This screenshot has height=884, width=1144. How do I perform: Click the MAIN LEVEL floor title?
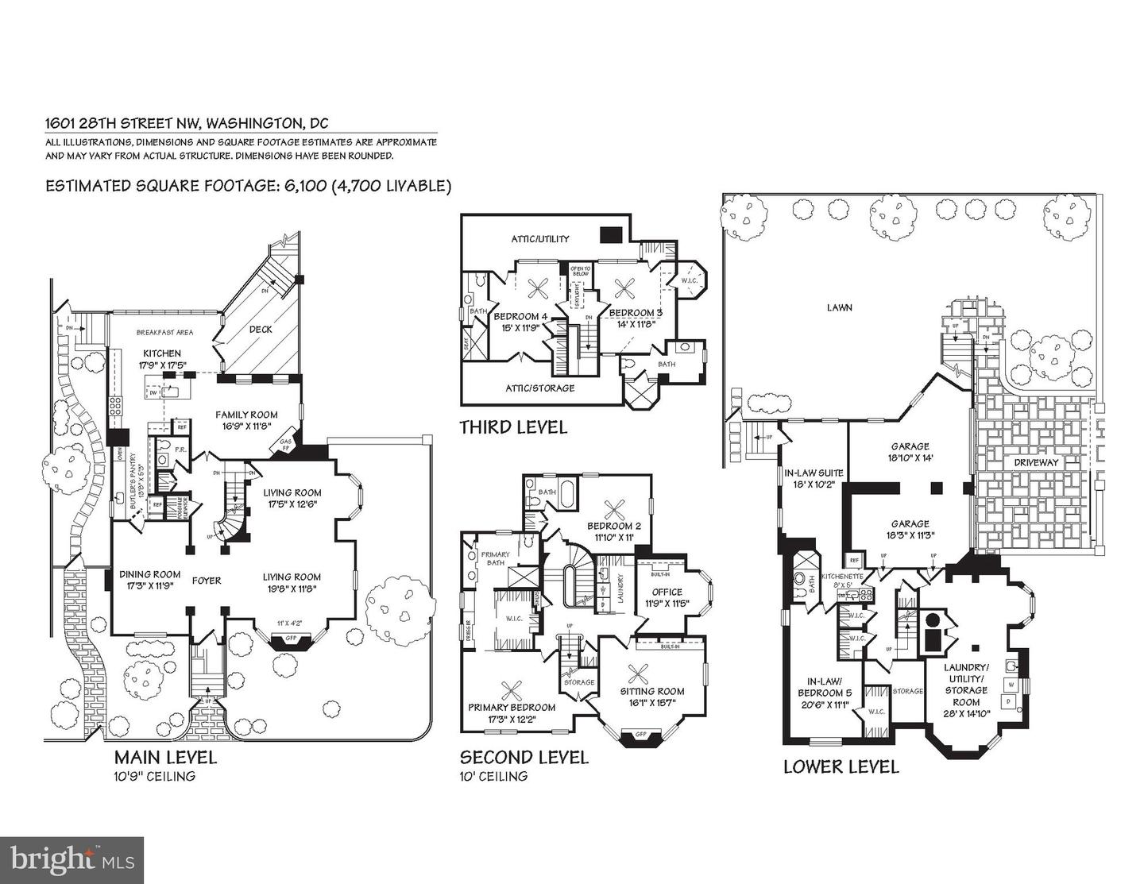coord(165,757)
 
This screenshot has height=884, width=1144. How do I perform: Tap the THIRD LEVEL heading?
coord(513,427)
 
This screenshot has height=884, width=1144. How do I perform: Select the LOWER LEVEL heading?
coord(841,766)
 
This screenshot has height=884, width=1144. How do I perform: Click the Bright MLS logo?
coord(72,859)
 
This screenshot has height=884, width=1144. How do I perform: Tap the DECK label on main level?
coord(261,329)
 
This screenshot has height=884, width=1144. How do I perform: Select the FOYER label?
coord(206,581)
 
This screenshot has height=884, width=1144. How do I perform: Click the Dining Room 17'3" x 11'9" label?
coord(150,580)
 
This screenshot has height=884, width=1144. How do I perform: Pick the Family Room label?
coord(246,419)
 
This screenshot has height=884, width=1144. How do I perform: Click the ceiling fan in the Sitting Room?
coord(637,674)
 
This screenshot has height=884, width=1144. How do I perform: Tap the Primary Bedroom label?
coord(512,712)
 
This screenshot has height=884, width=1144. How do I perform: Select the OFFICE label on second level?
coord(667,596)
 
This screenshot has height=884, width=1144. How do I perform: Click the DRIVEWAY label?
coord(1035,462)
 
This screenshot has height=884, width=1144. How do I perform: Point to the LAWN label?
coord(839,307)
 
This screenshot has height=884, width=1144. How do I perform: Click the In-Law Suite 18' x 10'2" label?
coord(814,478)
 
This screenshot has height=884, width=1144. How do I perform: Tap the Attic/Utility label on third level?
coord(539,238)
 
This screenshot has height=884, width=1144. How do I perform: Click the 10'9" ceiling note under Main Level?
coord(154,776)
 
